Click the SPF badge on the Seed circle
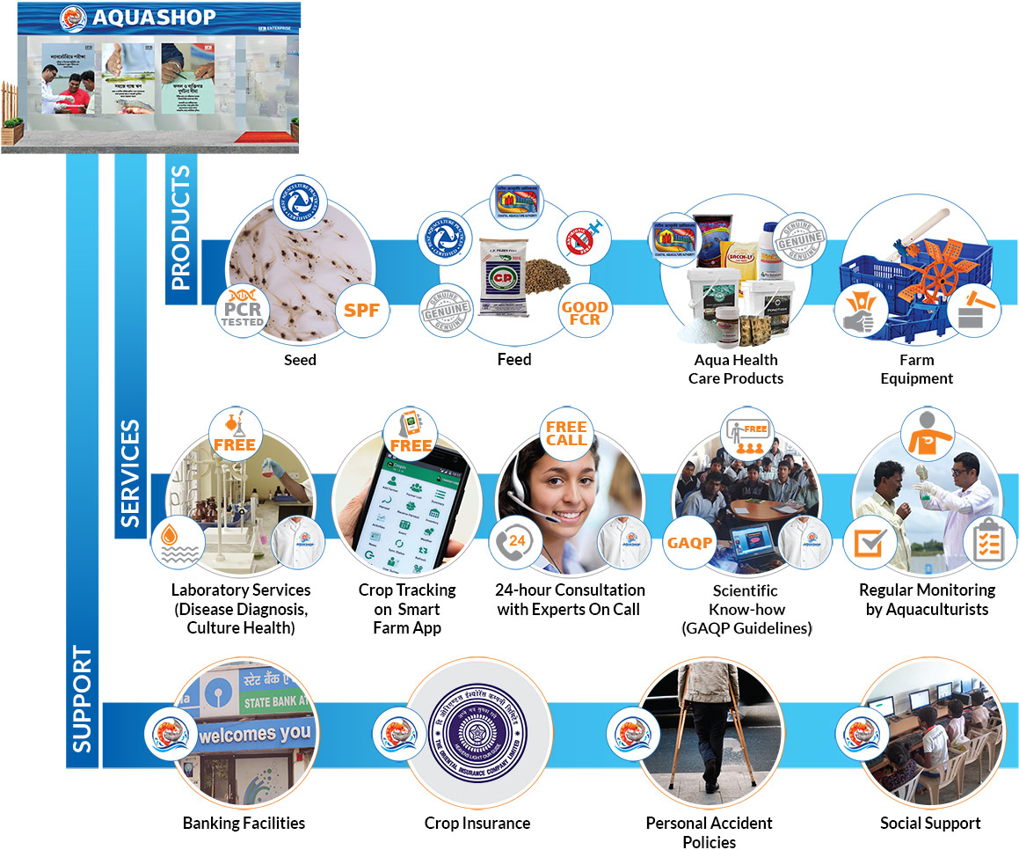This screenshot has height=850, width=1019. coord(361,310)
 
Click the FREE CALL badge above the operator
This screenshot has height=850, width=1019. coord(565,432)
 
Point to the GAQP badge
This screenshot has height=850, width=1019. coord(690,543)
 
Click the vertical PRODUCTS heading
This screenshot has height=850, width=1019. coord(180,231)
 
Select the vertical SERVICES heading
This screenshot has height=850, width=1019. coord(131,474)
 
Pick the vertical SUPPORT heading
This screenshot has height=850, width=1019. coord(82,700)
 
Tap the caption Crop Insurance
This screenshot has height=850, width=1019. coord(477,824)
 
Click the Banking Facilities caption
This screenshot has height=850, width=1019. coord(244,824)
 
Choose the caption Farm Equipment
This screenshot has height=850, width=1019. coord(917,369)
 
